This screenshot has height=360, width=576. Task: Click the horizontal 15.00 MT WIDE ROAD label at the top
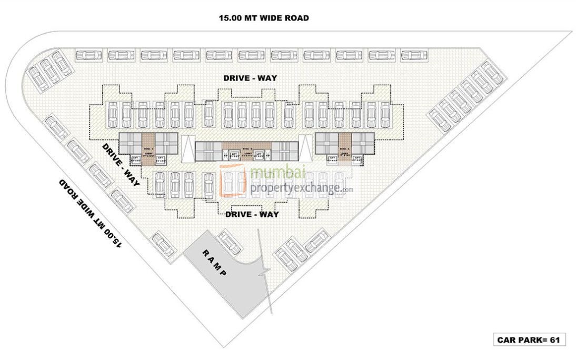point(264,18)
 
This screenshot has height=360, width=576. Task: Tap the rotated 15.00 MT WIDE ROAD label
point(91,213)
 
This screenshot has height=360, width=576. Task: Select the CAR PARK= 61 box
point(528,340)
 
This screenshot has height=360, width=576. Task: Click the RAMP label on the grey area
point(215,263)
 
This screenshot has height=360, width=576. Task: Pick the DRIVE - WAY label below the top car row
point(250,78)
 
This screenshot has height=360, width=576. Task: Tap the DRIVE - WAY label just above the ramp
point(252,214)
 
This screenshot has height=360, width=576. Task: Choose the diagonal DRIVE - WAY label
point(120,165)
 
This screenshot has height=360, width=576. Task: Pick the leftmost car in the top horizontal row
point(88,55)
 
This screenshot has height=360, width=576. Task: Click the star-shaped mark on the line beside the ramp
point(265,272)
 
